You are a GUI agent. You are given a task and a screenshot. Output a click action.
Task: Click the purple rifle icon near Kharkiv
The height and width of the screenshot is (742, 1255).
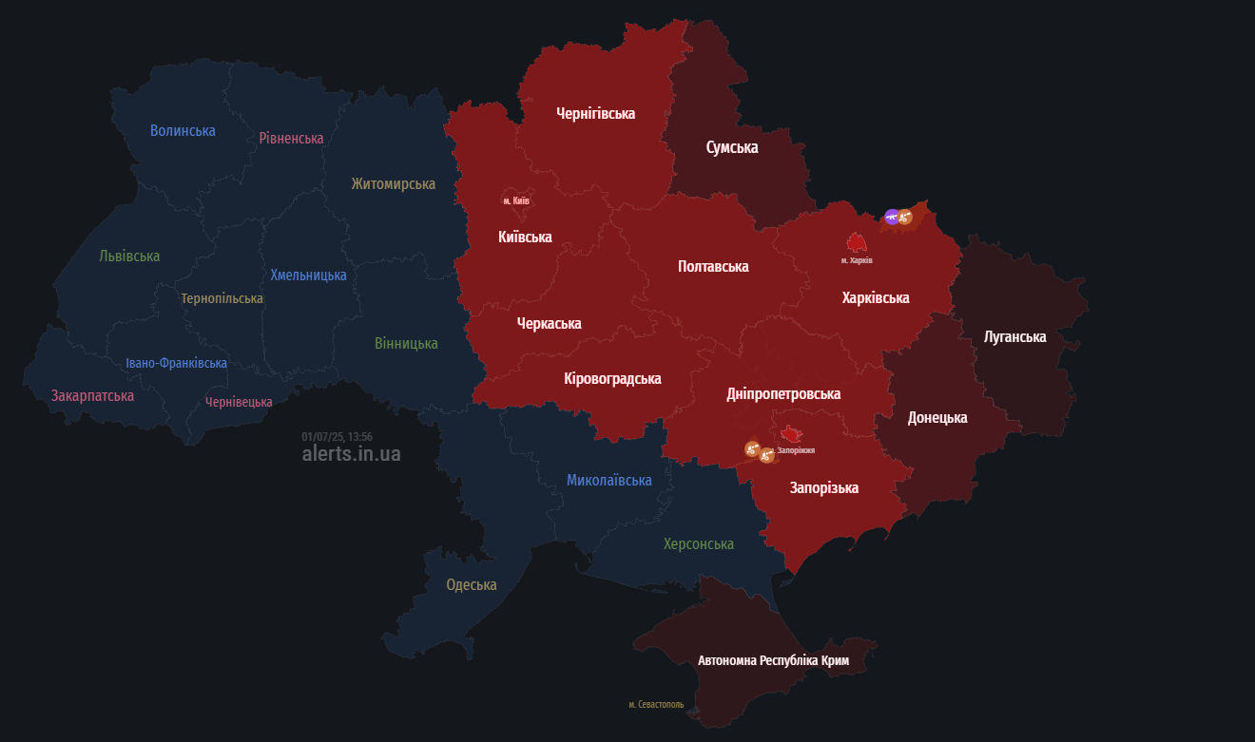(x=892, y=218)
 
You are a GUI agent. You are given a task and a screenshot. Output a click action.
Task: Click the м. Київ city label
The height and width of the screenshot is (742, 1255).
(x=516, y=200)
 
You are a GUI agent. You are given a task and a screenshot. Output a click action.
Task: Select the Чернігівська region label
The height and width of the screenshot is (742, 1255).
(x=595, y=114)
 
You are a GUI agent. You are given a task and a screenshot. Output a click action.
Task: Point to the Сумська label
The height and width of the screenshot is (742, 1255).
(x=732, y=147)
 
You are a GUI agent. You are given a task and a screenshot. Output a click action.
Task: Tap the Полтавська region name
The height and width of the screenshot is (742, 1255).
(x=713, y=267)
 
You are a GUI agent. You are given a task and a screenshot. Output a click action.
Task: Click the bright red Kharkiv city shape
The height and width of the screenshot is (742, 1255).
(x=857, y=242)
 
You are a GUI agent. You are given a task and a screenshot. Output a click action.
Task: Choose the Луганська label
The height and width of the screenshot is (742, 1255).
(x=1014, y=337)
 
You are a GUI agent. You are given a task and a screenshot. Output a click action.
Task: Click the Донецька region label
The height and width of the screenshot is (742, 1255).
(x=937, y=418)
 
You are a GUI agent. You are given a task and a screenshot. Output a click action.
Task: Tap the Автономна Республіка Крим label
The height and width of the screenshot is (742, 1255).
(x=773, y=660)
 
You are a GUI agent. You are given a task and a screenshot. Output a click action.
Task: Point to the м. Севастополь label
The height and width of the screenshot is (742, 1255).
(x=656, y=705)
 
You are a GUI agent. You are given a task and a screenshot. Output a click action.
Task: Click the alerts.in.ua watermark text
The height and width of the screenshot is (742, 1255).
(x=351, y=454)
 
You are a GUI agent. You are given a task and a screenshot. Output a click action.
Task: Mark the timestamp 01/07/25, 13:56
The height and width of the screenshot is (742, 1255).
(x=337, y=437)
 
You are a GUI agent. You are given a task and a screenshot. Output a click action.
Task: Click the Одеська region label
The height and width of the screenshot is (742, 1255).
(x=472, y=585)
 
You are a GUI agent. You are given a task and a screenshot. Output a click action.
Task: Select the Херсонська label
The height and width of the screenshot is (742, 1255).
(x=699, y=544)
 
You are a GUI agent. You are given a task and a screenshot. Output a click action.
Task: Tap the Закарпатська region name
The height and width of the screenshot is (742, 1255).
(x=92, y=395)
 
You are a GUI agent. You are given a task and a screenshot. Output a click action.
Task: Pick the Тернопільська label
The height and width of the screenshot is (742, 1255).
(x=222, y=298)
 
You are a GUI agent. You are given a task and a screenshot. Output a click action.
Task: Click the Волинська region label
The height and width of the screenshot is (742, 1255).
(x=183, y=131)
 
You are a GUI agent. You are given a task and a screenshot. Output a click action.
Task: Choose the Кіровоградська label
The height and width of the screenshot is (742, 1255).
(x=612, y=379)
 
